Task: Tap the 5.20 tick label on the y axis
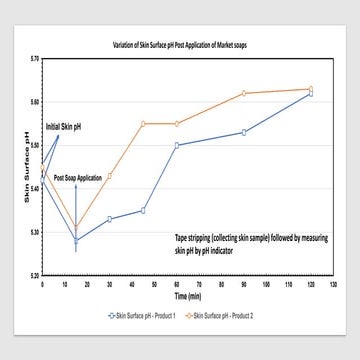click(x=32, y=275)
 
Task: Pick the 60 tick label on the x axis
click(x=176, y=284)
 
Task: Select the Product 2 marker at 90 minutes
click(x=244, y=93)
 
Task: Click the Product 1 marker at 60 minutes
click(x=176, y=145)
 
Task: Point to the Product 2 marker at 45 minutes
click(x=143, y=123)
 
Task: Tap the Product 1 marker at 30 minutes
click(x=109, y=219)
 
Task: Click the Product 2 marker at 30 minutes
click(x=109, y=176)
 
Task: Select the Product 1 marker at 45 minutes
click(x=143, y=211)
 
